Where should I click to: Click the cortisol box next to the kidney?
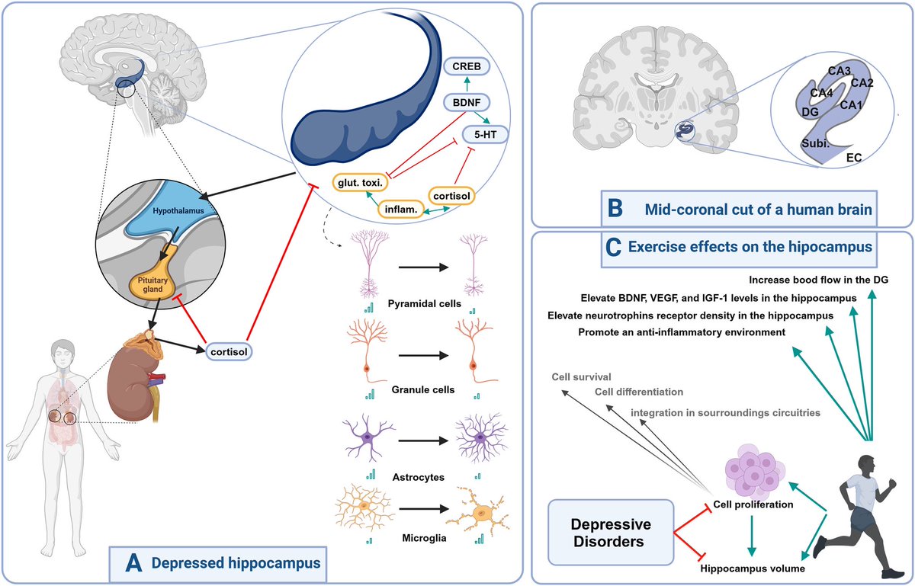pyautogui.click(x=230, y=351)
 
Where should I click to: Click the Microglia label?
pyautogui.click(x=425, y=539)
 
